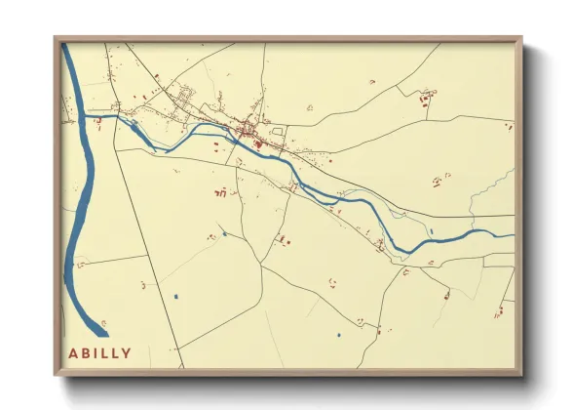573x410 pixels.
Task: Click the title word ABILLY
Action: pos(99,352)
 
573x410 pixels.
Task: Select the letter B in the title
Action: pos(86,352)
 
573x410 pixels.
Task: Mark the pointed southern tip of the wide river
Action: pos(107,335)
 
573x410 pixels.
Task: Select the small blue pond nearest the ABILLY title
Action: pos(175,296)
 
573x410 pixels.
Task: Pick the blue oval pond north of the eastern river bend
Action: pos(431,231)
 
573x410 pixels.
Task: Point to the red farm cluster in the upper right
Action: pos(427,97)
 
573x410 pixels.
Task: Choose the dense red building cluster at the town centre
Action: pos(249,130)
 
